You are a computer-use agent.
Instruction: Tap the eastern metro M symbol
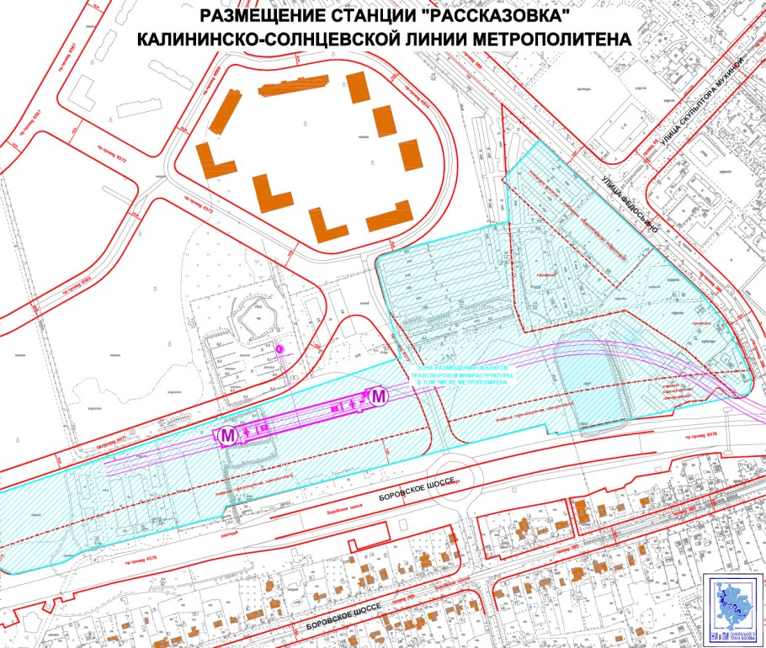[379, 395]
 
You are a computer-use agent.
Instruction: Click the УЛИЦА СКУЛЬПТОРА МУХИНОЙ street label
[703, 101]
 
